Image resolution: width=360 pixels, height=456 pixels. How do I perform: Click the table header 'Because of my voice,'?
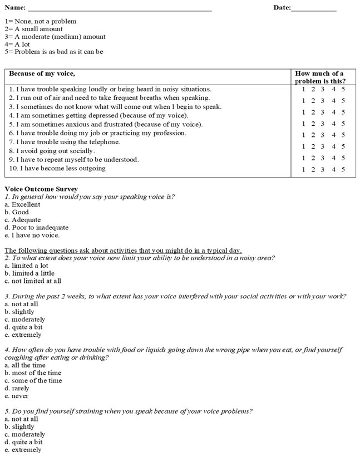coord(42,73)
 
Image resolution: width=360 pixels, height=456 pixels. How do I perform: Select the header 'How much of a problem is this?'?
coord(320,77)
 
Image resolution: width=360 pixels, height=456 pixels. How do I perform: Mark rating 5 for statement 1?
coord(343,89)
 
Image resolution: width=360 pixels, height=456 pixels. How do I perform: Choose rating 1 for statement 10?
coord(303,170)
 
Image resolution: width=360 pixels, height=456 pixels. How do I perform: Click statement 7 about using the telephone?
coord(65,142)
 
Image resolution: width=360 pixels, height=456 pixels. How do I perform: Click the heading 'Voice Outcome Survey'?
coord(41,189)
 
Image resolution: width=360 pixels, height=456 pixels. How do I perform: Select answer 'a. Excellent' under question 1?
coord(22,204)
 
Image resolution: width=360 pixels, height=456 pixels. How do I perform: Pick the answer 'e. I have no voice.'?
coord(32,235)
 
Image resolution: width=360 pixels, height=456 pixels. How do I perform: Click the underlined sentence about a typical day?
coord(123,250)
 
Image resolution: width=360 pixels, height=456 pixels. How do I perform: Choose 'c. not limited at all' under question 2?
coord(33,281)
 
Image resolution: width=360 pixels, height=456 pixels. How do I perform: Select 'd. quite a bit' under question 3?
coord(23,327)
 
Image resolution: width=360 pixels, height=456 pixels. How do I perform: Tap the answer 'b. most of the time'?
coord(33,373)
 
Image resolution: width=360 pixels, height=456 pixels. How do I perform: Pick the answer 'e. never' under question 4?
coord(16,396)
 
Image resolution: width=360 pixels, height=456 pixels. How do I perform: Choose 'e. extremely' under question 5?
coord(23,450)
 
